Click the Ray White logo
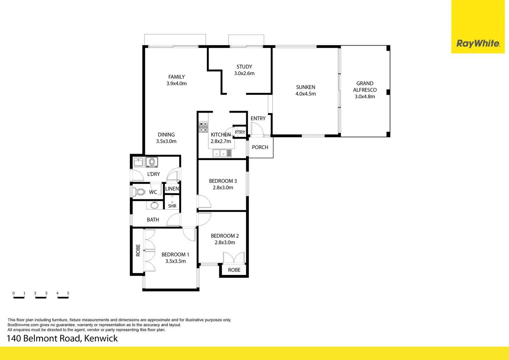tap(478, 43)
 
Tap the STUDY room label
tap(244, 67)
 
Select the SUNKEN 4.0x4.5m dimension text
tap(305, 94)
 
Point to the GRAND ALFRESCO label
tap(365, 87)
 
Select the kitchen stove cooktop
tap(203, 127)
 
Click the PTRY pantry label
tap(240, 132)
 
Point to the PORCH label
tap(260, 147)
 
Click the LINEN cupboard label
tap(172, 189)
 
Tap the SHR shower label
tap(172, 206)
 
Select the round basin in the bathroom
tap(155, 205)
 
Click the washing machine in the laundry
tap(152, 162)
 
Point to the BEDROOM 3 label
tap(223, 181)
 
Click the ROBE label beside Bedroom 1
tap(138, 250)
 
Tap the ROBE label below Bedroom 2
tap(234, 270)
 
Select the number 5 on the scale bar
tap(68, 293)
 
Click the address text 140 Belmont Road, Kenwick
tap(62, 338)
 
